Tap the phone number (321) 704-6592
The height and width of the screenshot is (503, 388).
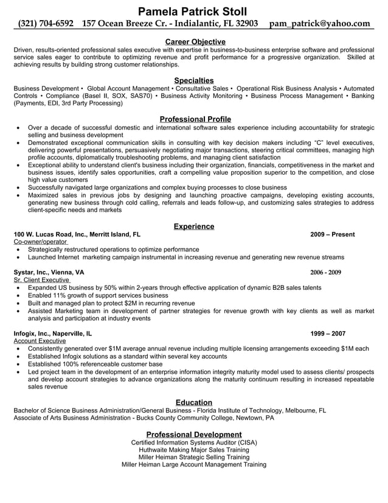(46, 24)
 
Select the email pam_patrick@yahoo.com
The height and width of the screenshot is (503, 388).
(320, 24)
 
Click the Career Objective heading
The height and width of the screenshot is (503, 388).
(194, 41)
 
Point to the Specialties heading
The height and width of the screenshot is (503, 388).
(194, 80)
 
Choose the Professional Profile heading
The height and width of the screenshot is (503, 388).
(194, 119)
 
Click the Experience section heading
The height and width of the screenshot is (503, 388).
(194, 227)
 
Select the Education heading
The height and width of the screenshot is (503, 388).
(194, 403)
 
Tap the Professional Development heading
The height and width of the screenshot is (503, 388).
(194, 434)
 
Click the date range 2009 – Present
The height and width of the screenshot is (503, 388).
(332, 234)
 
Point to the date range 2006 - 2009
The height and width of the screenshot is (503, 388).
(325, 272)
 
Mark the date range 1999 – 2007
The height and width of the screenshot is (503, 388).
(328, 334)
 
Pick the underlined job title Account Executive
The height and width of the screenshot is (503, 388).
(40, 341)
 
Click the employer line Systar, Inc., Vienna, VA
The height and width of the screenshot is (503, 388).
(49, 272)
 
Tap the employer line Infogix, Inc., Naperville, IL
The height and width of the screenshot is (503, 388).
(53, 334)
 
